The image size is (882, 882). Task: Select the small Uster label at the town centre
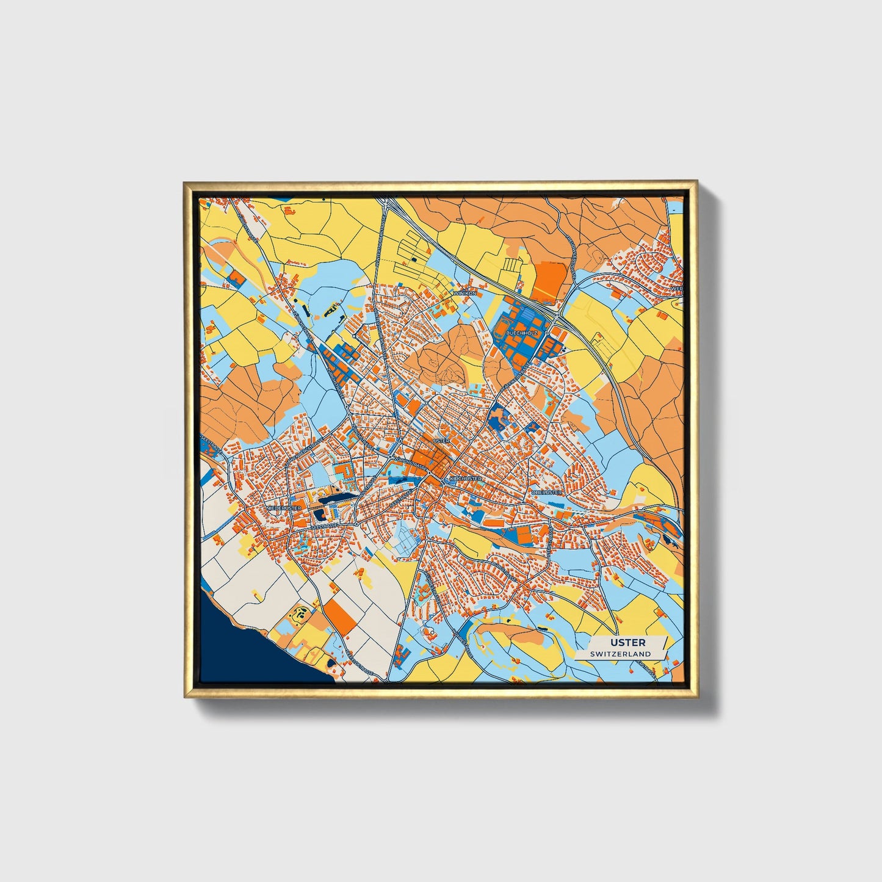coord(440,440)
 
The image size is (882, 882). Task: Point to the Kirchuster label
coord(465,479)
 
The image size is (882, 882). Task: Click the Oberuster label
coord(546,491)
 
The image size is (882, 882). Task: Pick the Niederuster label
coord(284,507)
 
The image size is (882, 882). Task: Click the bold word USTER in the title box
coord(622,642)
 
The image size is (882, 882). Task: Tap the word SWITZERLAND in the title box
coord(620,654)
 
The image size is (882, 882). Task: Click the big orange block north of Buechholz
coord(550,282)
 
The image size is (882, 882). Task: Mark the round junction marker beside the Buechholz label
coord(547,333)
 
